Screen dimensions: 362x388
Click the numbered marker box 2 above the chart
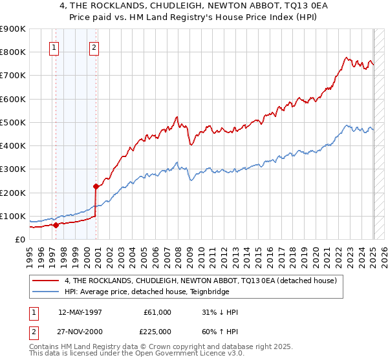click(94, 47)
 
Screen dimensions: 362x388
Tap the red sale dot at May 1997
click(56, 225)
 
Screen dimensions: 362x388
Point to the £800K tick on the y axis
click(13, 52)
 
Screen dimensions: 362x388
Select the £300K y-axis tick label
click(13, 169)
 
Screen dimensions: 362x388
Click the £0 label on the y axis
click(19, 239)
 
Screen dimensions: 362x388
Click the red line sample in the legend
click(47, 281)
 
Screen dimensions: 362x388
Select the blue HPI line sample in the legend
click(47, 293)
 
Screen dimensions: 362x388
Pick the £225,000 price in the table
click(157, 332)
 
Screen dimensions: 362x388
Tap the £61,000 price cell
click(157, 312)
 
